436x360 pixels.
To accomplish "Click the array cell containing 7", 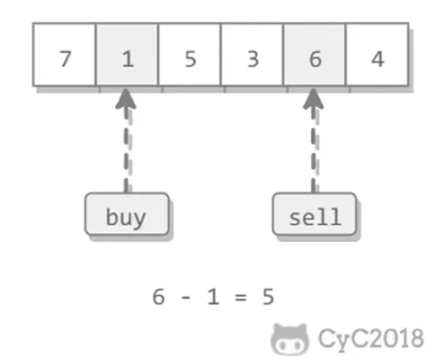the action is click(x=65, y=55).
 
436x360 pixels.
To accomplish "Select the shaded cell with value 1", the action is click(x=127, y=55).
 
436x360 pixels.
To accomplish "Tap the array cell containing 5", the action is click(x=190, y=55).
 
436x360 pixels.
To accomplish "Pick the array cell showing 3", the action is click(x=252, y=55).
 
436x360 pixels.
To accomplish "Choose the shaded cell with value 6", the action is click(x=315, y=55).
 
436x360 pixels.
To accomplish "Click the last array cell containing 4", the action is click(x=378, y=55).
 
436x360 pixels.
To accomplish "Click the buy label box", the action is click(x=127, y=214).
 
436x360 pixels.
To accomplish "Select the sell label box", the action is click(x=315, y=214).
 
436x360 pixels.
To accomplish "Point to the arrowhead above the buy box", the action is click(x=126, y=99).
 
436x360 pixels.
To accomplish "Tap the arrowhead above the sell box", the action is click(x=314, y=99).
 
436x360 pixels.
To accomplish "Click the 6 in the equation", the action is click(x=158, y=297).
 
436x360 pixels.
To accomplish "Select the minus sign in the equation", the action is click(x=186, y=298).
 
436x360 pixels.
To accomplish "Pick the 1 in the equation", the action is click(x=213, y=297).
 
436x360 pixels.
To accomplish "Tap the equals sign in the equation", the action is click(x=241, y=297).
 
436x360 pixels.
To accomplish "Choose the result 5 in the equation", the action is click(x=268, y=297).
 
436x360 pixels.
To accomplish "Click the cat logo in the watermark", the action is click(x=289, y=339).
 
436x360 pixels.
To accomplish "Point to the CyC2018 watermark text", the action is click(x=370, y=339).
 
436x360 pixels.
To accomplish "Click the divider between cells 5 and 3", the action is click(x=221, y=55).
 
